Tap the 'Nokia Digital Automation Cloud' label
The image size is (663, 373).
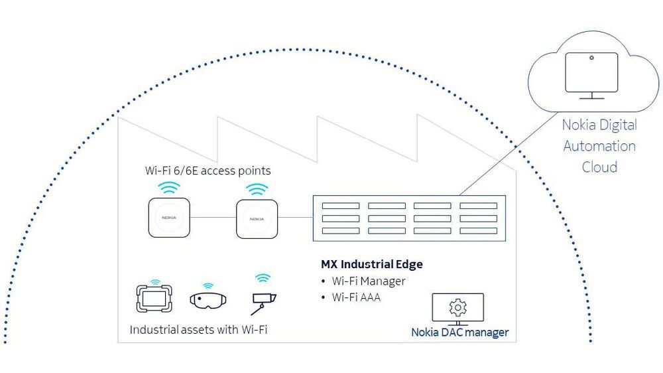tap(599, 145)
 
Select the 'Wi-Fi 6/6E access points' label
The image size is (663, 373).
tap(208, 171)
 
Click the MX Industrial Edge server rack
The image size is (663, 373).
tap(404, 218)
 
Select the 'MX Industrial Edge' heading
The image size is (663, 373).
tap(371, 264)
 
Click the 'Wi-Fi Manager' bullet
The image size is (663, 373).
tap(368, 281)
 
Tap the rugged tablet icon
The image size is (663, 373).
tap(154, 299)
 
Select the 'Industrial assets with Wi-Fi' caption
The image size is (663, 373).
tap(198, 330)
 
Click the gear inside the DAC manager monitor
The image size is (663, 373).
tap(457, 307)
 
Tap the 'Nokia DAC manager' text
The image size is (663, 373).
tap(459, 333)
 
